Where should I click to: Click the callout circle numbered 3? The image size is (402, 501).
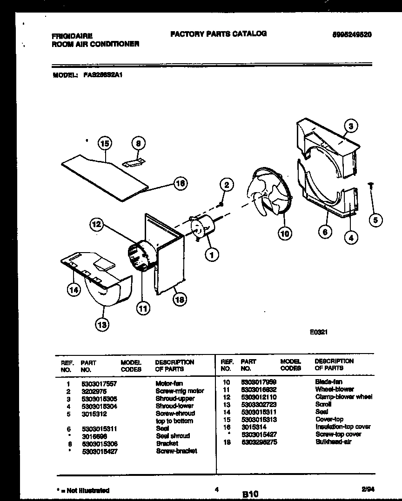(x=352, y=126)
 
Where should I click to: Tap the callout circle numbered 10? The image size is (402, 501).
(x=285, y=234)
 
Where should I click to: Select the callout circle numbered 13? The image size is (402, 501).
(x=102, y=324)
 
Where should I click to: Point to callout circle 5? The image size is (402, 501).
(x=375, y=220)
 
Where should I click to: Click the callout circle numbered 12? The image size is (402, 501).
(x=96, y=225)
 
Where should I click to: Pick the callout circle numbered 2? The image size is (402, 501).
(x=226, y=185)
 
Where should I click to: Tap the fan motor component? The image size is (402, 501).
(x=203, y=228)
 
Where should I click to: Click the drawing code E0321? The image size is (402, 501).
(x=319, y=333)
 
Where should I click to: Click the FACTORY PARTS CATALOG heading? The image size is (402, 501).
(x=218, y=33)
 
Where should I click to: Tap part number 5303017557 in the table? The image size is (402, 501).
(x=99, y=383)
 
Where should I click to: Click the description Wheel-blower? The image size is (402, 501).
(x=334, y=389)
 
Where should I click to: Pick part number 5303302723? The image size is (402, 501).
(x=259, y=404)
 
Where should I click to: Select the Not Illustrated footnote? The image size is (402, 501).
(x=82, y=490)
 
